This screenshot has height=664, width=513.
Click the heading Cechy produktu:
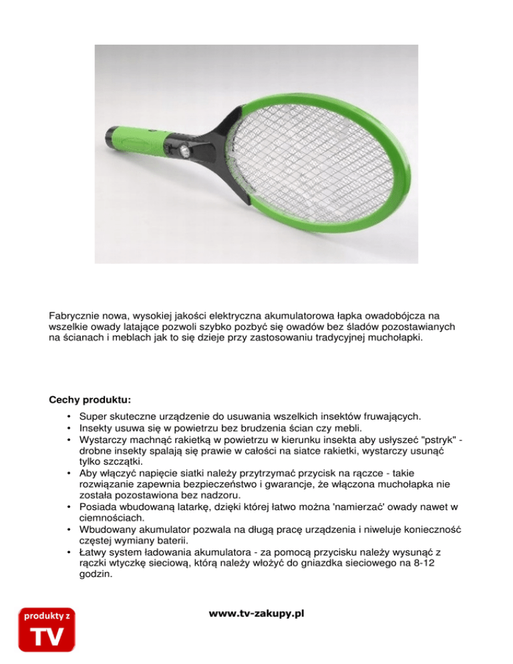(x=90, y=401)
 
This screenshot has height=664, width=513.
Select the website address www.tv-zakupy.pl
(x=256, y=613)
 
